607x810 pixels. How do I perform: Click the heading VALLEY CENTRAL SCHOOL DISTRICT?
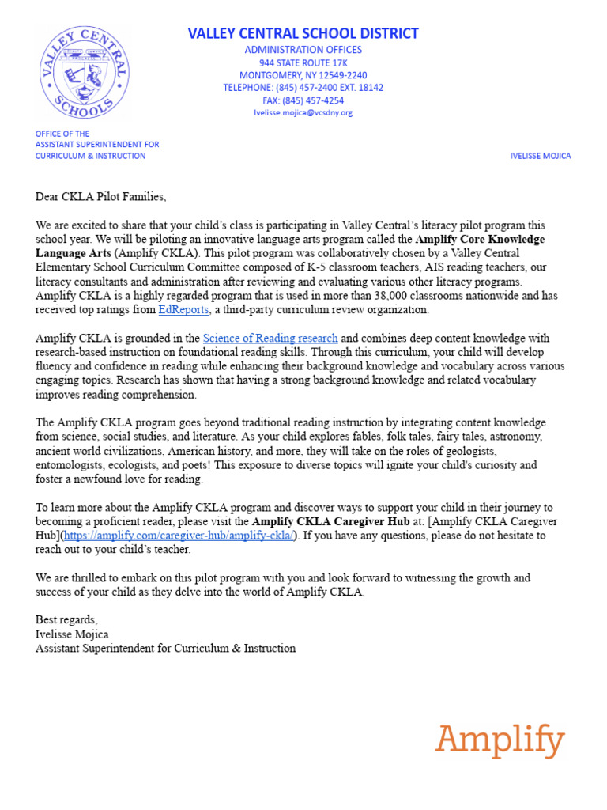click(x=303, y=33)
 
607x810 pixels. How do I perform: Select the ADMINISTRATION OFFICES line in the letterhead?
click(x=303, y=50)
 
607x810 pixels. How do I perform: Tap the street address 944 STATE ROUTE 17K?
click(x=303, y=62)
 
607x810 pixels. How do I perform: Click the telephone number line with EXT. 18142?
click(x=303, y=88)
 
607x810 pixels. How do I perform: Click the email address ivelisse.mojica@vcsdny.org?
click(x=303, y=112)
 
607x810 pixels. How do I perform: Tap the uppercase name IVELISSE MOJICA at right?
click(x=540, y=156)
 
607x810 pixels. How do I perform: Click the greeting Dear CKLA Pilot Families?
click(x=101, y=196)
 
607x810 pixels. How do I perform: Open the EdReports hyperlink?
click(x=183, y=309)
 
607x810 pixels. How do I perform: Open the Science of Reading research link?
click(x=270, y=338)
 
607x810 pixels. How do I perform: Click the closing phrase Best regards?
click(x=66, y=619)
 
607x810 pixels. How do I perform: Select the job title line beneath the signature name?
click(x=165, y=648)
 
